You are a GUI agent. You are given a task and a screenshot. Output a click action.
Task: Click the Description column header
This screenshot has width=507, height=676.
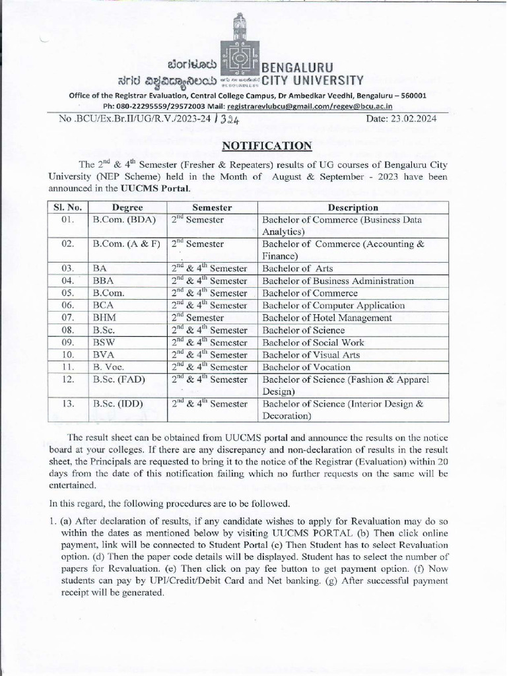(x=353, y=207)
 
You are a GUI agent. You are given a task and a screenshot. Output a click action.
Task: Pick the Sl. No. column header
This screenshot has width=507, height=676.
(x=66, y=207)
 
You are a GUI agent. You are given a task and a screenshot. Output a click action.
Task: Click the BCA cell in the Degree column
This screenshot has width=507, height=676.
(x=104, y=305)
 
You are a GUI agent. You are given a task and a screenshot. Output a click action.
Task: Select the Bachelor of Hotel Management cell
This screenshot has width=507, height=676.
(x=327, y=318)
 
